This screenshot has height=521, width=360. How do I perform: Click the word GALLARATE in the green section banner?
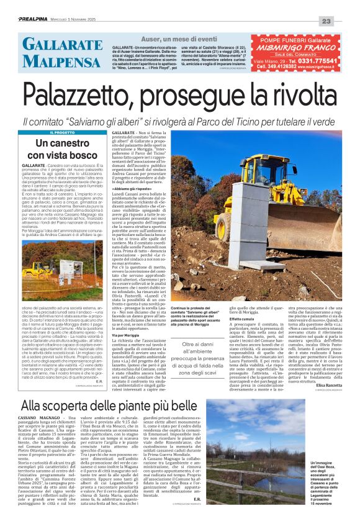54,44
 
